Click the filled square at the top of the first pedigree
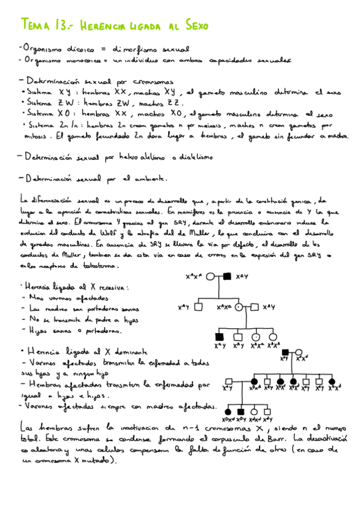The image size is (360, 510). (228, 277)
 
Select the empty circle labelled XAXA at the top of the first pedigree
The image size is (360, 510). (213, 277)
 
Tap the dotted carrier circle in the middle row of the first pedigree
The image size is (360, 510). (239, 307)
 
